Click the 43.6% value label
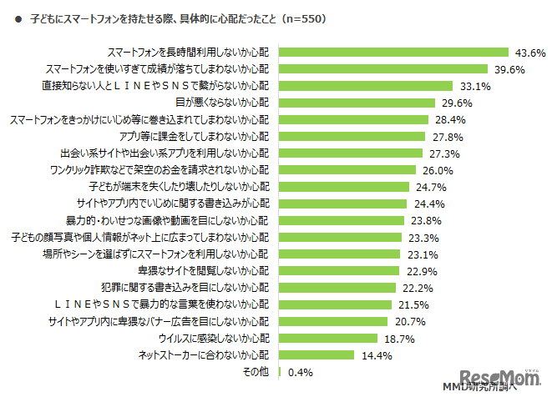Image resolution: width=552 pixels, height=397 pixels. point(529,53)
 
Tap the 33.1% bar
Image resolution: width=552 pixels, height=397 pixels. point(364,86)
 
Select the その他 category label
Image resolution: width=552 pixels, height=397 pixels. point(257,372)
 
